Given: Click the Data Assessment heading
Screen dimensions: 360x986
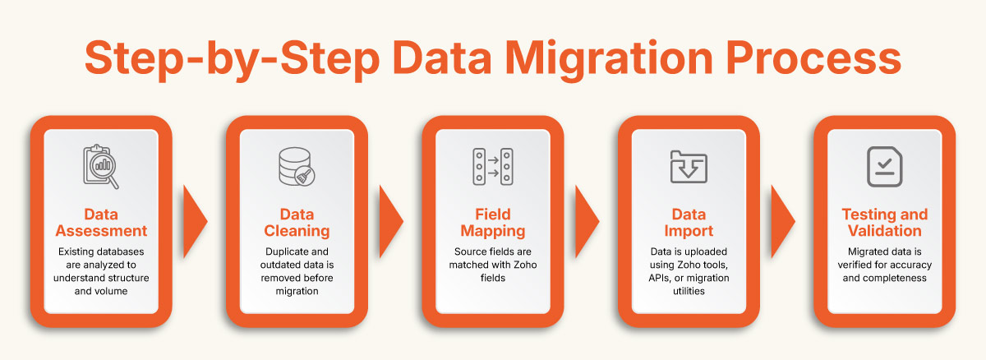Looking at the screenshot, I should tap(102, 223).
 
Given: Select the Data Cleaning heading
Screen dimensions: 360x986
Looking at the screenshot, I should tap(297, 223).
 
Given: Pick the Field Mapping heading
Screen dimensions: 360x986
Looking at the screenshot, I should tap(493, 223).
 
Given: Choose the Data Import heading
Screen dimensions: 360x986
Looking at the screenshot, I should tap(689, 223).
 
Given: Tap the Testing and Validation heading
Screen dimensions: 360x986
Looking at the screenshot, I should tap(884, 223).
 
